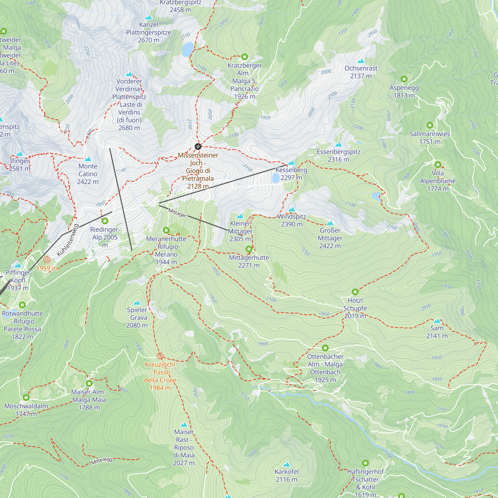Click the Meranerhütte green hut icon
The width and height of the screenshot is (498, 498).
[x=166, y=230]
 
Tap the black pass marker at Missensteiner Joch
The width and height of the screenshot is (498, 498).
[x=198, y=147]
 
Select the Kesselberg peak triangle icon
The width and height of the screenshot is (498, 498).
[x=291, y=163]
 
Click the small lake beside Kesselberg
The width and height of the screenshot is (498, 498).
[x=276, y=178]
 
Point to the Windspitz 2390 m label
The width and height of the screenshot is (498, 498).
[x=292, y=220]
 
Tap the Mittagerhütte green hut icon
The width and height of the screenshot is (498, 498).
[x=249, y=249]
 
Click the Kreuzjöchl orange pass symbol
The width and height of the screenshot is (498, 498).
[x=160, y=356]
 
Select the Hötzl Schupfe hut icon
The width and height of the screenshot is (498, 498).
[x=355, y=292]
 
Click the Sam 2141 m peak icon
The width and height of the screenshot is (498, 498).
[x=437, y=321]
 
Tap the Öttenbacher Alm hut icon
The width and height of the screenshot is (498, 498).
[x=325, y=348]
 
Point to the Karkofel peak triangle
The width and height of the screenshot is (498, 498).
[x=286, y=465]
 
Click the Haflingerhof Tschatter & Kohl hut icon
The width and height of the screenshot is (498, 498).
[x=365, y=463]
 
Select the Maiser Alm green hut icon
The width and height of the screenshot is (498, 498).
[x=89, y=383]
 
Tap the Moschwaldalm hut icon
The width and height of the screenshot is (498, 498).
[x=26, y=397]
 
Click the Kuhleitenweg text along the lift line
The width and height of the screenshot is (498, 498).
[x=67, y=240]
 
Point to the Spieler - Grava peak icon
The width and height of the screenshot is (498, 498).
[x=137, y=303]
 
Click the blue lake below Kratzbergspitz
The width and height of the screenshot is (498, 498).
[x=188, y=49]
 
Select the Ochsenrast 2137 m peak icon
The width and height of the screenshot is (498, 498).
[x=361, y=61]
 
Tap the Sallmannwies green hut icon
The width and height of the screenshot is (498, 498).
[x=430, y=125]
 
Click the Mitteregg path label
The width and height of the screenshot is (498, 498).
[x=102, y=461]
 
